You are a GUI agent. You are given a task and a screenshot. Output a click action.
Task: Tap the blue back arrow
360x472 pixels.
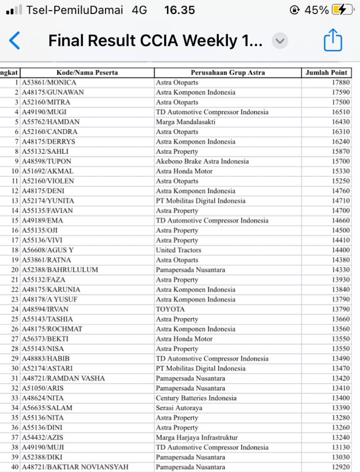tap(14, 41)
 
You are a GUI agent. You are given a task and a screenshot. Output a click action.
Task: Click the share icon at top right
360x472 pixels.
tap(333, 40)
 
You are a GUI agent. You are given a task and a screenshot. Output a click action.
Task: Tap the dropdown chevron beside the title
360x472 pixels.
tap(280, 41)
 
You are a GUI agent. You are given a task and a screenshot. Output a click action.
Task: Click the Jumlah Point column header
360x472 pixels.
tap(326, 73)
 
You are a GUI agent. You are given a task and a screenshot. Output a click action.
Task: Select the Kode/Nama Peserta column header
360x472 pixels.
tap(87, 73)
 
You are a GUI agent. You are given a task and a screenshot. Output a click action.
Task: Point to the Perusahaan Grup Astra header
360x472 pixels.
tap(228, 73)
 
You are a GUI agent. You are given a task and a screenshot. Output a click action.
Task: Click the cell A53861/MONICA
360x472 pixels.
tap(49, 83)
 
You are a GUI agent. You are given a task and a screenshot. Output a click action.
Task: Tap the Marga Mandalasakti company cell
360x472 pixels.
tap(185, 122)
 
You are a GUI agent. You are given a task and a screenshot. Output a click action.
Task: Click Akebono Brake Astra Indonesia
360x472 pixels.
tap(202, 162)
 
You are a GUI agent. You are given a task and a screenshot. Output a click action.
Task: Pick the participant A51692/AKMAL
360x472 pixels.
tap(48, 171)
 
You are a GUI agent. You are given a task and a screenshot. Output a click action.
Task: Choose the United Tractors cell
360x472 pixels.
tap(178, 250)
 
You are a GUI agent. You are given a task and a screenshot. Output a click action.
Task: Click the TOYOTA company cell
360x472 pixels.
tap(170, 309)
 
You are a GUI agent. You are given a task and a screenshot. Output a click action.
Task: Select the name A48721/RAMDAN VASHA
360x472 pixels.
tap(63, 378)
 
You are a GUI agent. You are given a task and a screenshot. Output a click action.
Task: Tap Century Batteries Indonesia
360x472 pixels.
tap(196, 398)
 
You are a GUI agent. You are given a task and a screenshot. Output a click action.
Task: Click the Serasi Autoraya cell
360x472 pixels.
tap(179, 408)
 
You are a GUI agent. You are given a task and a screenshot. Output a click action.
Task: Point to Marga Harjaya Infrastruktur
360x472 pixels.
tap(196, 438)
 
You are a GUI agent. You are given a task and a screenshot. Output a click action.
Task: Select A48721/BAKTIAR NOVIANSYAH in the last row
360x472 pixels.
tap(75, 467)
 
